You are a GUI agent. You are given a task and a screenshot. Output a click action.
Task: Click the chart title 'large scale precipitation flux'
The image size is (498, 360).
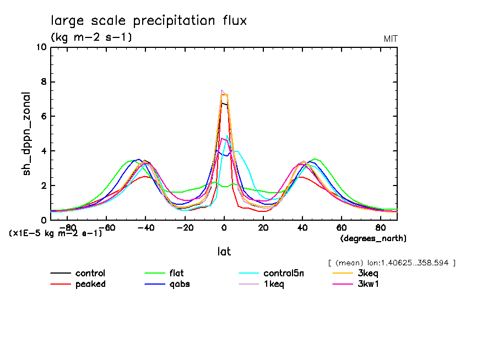coord(149,21)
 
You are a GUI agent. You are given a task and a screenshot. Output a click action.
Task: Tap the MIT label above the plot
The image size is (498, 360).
coord(391,39)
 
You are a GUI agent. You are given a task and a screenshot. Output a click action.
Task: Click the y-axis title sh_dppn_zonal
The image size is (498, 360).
coord(26,134)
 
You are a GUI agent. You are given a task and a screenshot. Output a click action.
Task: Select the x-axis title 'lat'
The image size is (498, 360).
coord(224,252)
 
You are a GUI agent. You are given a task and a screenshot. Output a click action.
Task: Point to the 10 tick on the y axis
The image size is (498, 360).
coord(41,47)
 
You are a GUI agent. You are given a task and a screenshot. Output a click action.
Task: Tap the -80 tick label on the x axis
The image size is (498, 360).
coord(68,227)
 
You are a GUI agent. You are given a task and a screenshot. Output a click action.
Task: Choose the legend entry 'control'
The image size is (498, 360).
coord(90,274)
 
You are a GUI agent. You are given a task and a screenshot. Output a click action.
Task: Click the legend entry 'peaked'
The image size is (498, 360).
coord(90,284)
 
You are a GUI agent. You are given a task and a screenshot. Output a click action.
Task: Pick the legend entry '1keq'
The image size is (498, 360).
coord(274,284)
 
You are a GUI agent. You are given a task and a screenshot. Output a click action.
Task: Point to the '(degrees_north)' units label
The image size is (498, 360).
coord(373,238)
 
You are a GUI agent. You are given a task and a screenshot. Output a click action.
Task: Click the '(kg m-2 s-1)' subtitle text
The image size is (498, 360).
coord(91,37)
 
